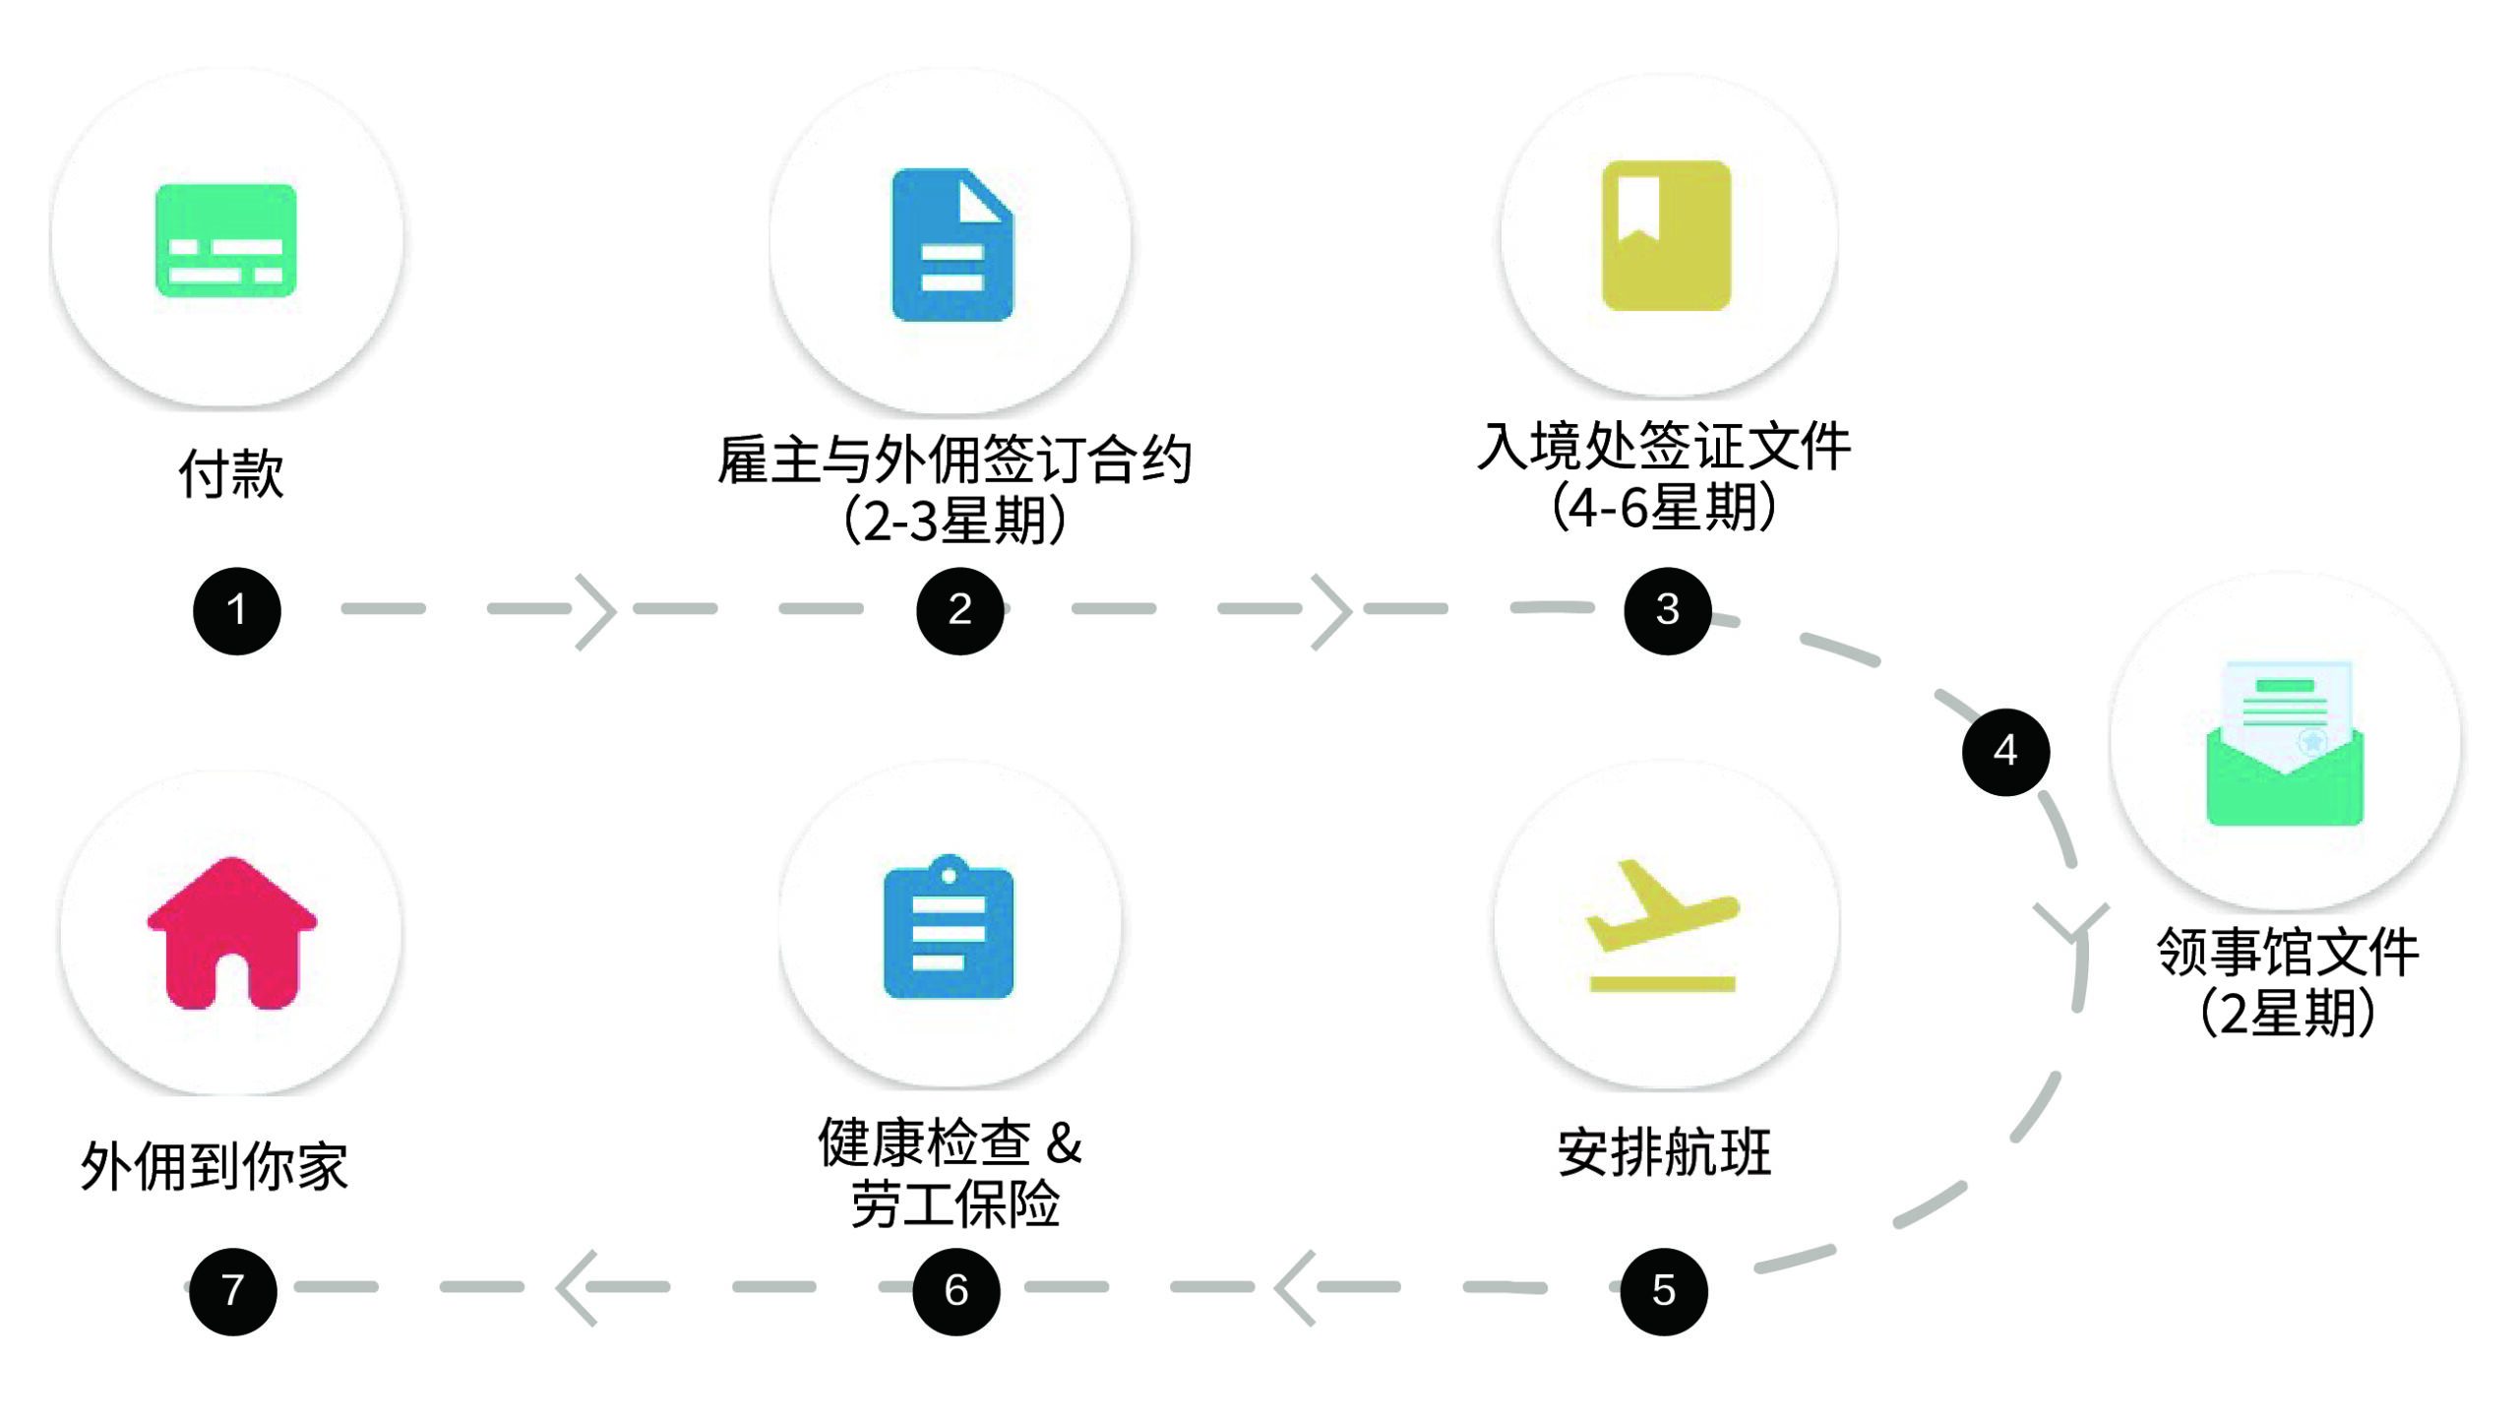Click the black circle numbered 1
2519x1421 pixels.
point(236,610)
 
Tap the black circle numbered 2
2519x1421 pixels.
point(959,610)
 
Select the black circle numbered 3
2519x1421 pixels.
point(1667,610)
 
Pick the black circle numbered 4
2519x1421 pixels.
point(2005,752)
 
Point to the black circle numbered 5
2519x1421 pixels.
point(1663,1291)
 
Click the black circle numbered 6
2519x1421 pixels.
point(955,1291)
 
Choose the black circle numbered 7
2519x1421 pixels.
point(232,1291)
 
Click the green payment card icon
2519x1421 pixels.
point(225,240)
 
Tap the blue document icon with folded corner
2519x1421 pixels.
point(952,245)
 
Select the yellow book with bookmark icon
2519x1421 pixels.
point(1666,235)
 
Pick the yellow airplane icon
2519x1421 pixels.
point(1662,925)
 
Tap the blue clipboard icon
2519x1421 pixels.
point(949,928)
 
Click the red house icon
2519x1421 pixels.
point(232,934)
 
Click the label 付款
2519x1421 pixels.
point(231,473)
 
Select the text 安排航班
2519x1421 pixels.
point(1664,1152)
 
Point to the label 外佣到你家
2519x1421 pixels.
point(214,1167)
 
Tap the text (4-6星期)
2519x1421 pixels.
point(1664,508)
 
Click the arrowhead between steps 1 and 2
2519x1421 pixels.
point(596,611)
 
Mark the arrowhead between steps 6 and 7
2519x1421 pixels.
point(577,1287)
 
